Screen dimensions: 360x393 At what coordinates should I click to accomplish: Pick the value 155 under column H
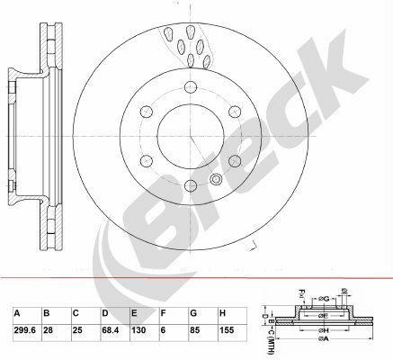pos(227,330)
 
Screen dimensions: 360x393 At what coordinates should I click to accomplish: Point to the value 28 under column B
pos(49,330)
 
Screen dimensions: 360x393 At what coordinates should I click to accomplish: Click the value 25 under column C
pos(78,330)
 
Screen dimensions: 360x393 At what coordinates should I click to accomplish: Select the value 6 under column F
pos(164,330)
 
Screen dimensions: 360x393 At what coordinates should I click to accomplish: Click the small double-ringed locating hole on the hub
pos(214,178)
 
